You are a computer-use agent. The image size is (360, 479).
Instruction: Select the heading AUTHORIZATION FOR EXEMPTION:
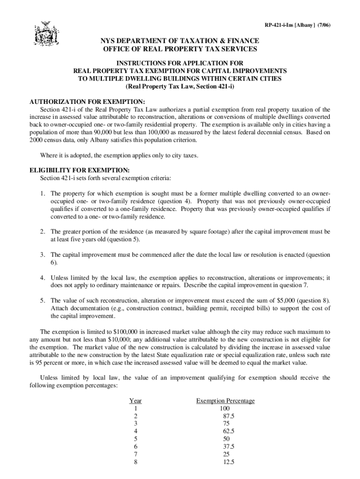tap(87, 102)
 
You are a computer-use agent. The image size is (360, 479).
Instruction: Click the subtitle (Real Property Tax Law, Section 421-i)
tap(180, 87)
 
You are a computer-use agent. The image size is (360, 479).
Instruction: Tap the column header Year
tap(136, 401)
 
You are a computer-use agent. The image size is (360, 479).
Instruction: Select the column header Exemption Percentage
tap(225, 401)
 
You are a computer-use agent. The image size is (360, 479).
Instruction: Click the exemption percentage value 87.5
tap(229, 416)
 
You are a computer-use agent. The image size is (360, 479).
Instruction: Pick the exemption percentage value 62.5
tap(229, 431)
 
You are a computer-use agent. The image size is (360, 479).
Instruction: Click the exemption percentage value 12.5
tap(229, 461)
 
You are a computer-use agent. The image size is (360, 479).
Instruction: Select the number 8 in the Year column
tap(136, 461)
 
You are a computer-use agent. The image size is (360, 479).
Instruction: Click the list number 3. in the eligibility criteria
tap(42, 255)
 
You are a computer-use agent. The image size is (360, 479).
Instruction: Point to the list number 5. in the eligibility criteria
tap(42, 300)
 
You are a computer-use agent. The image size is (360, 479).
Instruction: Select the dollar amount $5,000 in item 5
tap(288, 300)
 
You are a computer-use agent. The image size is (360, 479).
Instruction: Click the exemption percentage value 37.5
tap(229, 446)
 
